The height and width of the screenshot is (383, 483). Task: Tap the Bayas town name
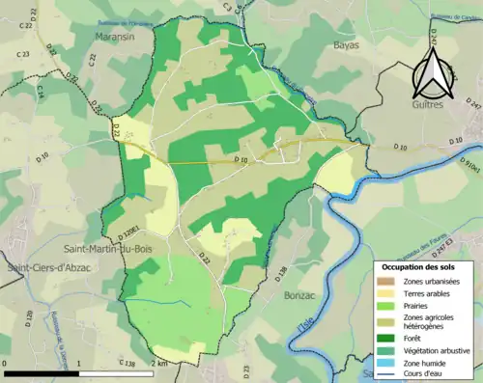[345, 44]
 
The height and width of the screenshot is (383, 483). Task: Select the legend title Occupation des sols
[423, 265]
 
